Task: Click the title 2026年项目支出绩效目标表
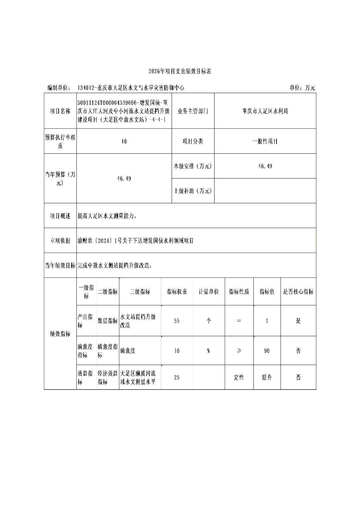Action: click(x=180, y=71)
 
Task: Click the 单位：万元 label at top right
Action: click(x=302, y=88)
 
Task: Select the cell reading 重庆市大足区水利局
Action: click(x=265, y=111)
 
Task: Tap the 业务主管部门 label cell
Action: click(x=193, y=111)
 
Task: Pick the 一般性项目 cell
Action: click(x=265, y=141)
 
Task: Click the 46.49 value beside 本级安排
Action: click(x=265, y=166)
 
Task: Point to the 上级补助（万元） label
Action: click(x=193, y=191)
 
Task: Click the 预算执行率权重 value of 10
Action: click(x=124, y=141)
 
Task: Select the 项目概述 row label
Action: click(x=60, y=216)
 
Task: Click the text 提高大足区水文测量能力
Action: click(x=107, y=216)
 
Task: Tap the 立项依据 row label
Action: click(x=60, y=241)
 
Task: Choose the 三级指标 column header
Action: click(x=140, y=292)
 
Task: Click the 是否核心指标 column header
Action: click(x=298, y=292)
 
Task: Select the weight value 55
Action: click(x=177, y=321)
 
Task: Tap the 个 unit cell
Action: click(x=208, y=321)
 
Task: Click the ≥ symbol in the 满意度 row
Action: click(x=239, y=351)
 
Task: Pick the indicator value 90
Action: click(x=267, y=351)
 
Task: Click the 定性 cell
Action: click(x=239, y=377)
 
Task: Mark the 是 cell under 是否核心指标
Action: click(x=298, y=321)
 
